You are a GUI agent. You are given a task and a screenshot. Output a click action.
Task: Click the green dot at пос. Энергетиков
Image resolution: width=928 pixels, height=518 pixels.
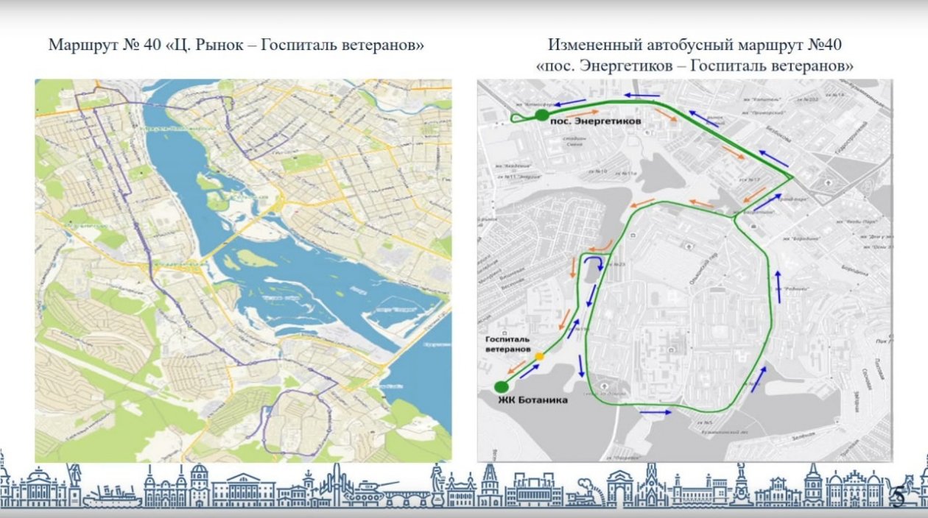click(541, 115)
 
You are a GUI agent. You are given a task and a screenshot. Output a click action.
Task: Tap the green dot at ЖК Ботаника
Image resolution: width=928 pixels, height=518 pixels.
click(502, 387)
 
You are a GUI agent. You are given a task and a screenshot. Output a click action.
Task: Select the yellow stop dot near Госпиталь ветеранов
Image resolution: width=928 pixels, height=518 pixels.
click(539, 356)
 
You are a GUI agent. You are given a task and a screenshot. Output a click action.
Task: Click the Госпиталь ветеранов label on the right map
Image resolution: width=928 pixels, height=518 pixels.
click(507, 344)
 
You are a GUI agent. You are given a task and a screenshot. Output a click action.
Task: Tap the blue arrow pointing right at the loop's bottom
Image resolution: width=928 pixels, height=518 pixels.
click(655, 413)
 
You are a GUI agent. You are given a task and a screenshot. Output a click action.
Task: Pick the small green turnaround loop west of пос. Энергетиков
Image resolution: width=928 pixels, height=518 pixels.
click(519, 118)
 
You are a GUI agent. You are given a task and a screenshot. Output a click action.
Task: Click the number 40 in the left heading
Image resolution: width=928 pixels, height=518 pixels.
click(152, 46)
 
